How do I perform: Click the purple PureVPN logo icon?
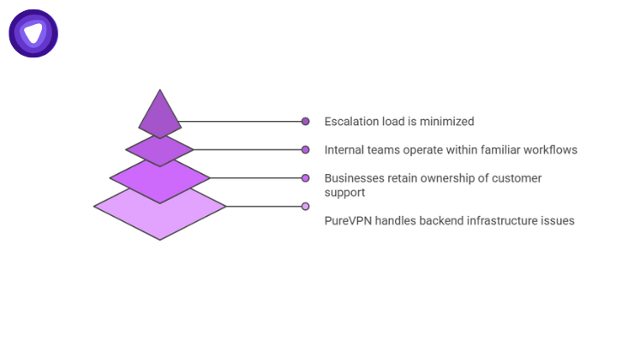(x=33, y=33)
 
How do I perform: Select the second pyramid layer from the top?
(x=159, y=150)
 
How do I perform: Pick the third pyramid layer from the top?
(x=159, y=178)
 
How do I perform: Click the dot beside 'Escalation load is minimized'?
(x=305, y=122)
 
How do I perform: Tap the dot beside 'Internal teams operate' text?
(x=305, y=150)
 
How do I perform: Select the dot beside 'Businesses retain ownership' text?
(x=305, y=178)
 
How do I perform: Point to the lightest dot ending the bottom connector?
(x=305, y=206)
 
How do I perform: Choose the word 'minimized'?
(x=447, y=122)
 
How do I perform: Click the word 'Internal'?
(x=345, y=150)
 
